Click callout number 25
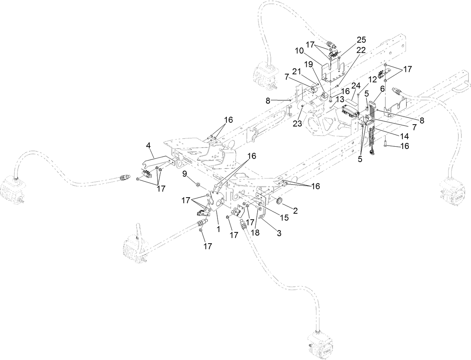coord(351,40)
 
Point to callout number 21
coord(297,71)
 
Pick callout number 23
coord(297,124)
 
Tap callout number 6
coord(382,88)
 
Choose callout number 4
coord(149,144)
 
